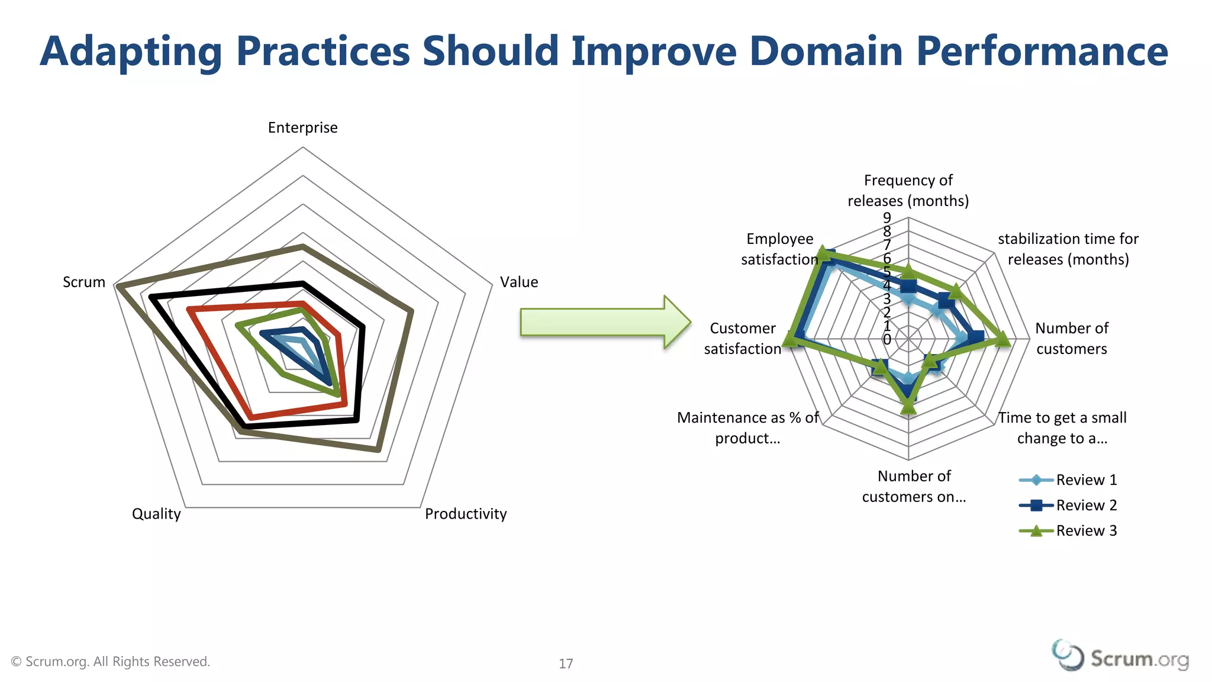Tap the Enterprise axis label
302,128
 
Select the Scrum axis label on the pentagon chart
84,282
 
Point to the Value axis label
519,282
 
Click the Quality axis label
156,514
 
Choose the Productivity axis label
466,514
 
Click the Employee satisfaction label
779,249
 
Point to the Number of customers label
1071,339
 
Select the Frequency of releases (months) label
908,191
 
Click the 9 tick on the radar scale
887,218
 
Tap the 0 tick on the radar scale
887,340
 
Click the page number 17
566,664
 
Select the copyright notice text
111,662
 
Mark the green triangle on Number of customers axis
1002,339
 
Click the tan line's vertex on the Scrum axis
118,287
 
